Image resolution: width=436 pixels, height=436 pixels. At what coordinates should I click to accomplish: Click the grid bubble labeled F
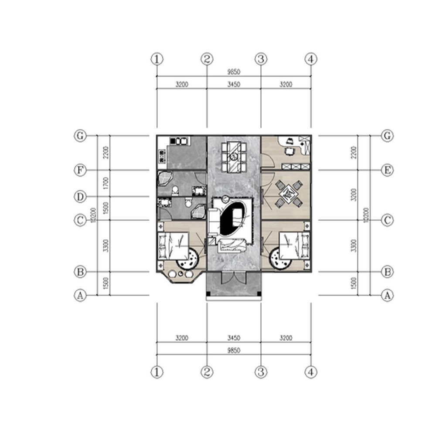pyautogui.click(x=79, y=170)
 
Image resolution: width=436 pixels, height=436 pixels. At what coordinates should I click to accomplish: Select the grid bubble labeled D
pyautogui.click(x=79, y=197)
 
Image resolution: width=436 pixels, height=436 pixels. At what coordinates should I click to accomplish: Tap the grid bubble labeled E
pyautogui.click(x=387, y=170)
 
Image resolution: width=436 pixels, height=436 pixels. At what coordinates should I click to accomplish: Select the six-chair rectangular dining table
pyautogui.click(x=233, y=156)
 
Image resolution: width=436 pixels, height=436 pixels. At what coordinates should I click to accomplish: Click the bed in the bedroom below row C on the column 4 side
pyautogui.click(x=294, y=244)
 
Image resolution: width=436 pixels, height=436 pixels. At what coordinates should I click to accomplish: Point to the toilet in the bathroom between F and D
pyautogui.click(x=175, y=191)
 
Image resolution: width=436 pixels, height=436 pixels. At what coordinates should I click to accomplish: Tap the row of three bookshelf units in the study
pyautogui.click(x=296, y=167)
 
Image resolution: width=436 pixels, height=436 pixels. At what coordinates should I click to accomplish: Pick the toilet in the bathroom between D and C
pyautogui.click(x=188, y=202)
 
